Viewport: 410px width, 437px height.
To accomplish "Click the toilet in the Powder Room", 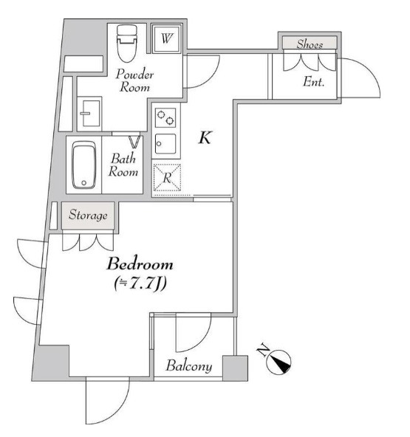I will [x=127, y=45].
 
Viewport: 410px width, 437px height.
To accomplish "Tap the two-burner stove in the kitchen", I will [x=166, y=117].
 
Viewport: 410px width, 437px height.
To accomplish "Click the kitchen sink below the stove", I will [x=166, y=142].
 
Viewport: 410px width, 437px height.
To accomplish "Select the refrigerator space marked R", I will [x=167, y=176].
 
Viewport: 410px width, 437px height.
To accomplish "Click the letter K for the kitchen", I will [x=206, y=138].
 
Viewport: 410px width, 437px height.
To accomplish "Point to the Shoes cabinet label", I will [x=310, y=44].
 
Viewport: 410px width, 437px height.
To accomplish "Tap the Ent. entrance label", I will [x=314, y=82].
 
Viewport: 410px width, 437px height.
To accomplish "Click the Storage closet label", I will [x=88, y=216].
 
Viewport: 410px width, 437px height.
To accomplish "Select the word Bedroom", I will [x=140, y=264].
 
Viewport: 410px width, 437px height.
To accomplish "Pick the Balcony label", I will [x=189, y=366].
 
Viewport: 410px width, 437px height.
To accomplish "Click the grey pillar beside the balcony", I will [x=236, y=368].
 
